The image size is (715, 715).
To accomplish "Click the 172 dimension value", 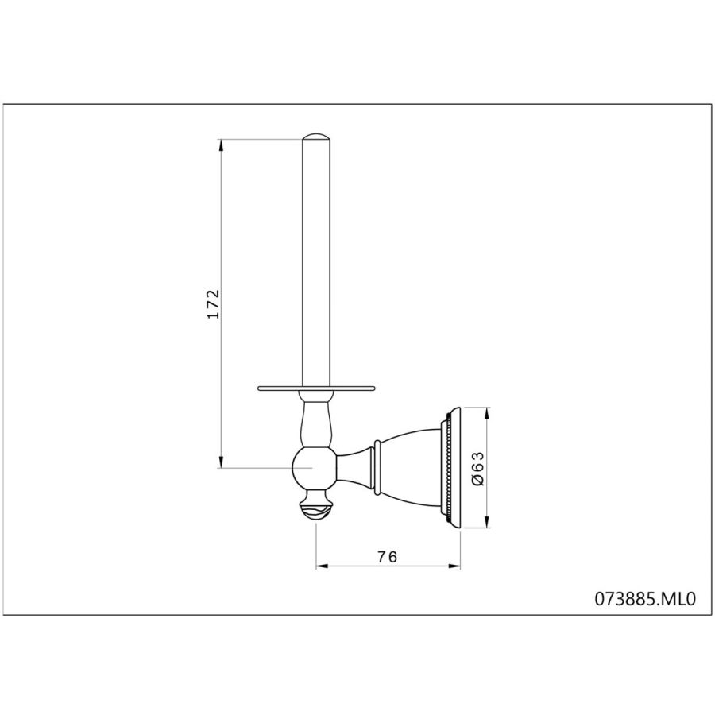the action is [x=213, y=303].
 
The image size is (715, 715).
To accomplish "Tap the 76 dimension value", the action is [x=387, y=557].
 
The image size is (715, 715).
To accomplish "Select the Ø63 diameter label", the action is [x=477, y=469].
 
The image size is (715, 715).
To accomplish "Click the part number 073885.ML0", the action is [x=645, y=599].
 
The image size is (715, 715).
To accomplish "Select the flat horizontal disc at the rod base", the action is [x=316, y=388].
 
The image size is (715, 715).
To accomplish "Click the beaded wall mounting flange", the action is [x=450, y=468].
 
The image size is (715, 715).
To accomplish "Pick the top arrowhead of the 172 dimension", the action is [x=221, y=145].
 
